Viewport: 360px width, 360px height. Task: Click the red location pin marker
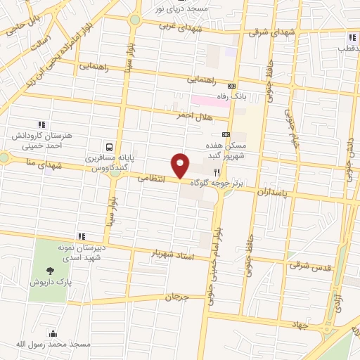point(181,165)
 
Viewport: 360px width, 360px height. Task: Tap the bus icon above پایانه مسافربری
point(109,148)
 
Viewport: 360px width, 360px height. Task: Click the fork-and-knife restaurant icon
point(217,172)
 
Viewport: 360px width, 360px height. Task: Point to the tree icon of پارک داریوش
point(49,271)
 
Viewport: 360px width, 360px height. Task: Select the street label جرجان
point(178,297)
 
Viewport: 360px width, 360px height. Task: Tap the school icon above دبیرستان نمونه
point(82,236)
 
